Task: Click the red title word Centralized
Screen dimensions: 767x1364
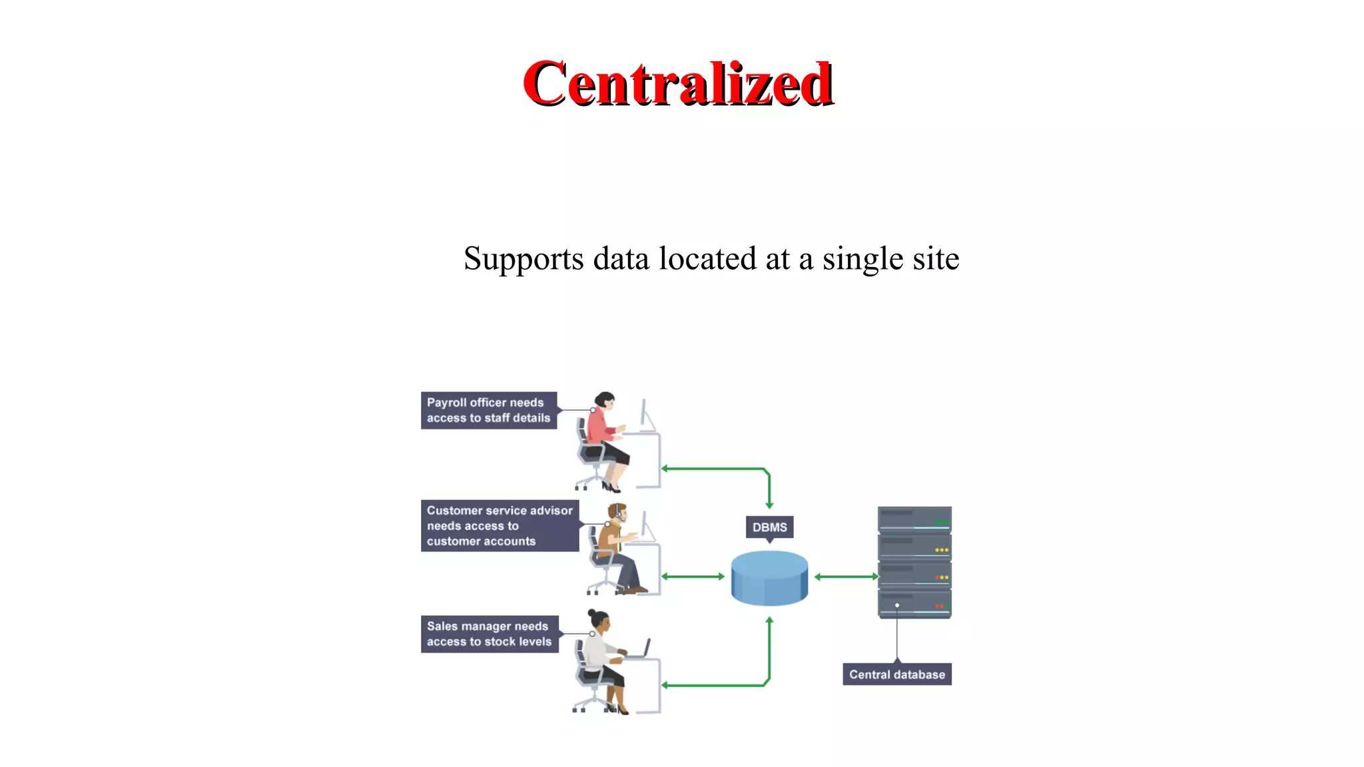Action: pos(678,84)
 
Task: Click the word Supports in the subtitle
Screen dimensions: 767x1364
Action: pos(523,259)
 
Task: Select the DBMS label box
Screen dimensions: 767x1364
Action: pos(769,527)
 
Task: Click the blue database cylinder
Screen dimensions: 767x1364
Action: pos(769,578)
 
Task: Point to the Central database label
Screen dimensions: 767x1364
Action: pos(896,674)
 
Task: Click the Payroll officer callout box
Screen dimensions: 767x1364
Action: pos(488,410)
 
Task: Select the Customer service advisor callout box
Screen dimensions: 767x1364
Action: pos(500,526)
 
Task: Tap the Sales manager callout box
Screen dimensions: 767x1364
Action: pos(489,634)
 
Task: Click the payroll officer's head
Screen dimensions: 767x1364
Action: pos(605,400)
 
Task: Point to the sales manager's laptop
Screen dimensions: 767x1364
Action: pos(640,650)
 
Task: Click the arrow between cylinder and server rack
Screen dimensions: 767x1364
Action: pos(847,577)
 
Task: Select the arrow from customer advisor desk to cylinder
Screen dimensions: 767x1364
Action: pos(693,577)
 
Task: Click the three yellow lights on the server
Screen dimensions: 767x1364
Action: pos(941,550)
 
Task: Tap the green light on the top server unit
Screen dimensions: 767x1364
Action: pos(941,522)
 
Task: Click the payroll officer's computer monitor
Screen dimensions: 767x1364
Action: pos(646,415)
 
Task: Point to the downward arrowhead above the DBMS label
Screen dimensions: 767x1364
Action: pos(769,505)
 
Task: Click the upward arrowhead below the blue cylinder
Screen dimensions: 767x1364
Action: pos(769,621)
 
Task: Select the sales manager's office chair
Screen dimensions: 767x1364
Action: pos(589,679)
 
